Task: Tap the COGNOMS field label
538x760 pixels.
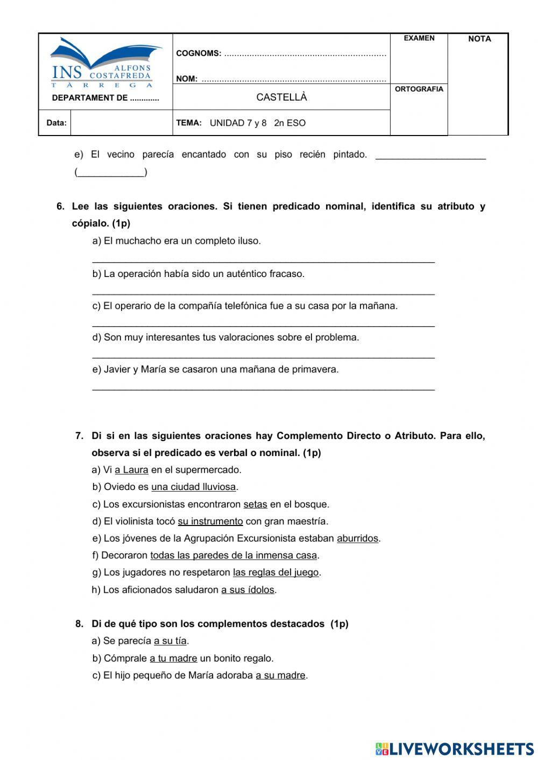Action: tap(199, 53)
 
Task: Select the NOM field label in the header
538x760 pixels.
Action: tap(187, 79)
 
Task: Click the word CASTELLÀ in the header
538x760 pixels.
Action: tap(281, 97)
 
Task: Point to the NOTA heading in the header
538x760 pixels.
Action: tap(479, 39)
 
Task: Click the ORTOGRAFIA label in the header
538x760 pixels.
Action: tap(419, 89)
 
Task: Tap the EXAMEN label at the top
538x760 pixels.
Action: tap(419, 38)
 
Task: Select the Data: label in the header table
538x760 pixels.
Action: tap(56, 123)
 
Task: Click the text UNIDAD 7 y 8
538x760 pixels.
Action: tap(238, 123)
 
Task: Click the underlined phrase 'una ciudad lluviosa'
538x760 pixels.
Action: tap(194, 487)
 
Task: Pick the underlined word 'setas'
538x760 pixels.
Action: tap(255, 505)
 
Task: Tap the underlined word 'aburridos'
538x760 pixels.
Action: tap(357, 538)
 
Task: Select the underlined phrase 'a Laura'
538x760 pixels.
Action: tap(131, 470)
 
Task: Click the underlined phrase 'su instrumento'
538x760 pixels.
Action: tap(210, 522)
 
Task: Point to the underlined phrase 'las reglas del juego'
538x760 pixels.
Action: tap(275, 573)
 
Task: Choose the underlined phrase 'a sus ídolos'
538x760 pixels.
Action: tap(247, 590)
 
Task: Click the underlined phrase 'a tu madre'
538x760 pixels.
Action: tap(173, 658)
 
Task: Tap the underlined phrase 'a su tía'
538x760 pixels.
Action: tap(170, 641)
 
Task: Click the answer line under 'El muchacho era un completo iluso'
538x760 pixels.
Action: tap(263, 261)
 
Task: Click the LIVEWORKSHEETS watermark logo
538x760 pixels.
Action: tap(455, 749)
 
